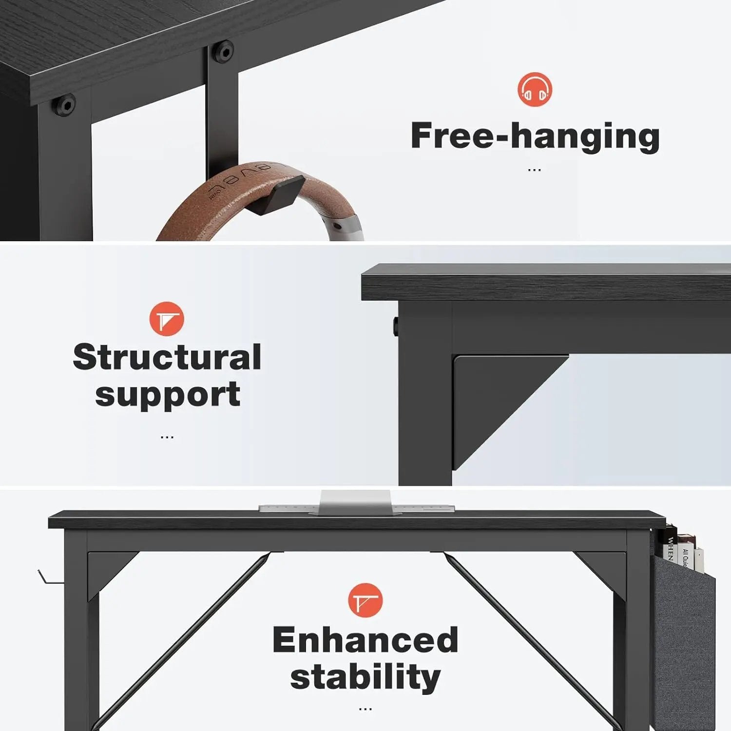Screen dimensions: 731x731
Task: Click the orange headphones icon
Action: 535,90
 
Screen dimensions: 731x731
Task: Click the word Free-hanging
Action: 535,136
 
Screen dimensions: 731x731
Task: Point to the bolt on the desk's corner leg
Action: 64,105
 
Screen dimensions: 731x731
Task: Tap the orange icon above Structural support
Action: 167,319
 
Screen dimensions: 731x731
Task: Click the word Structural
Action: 167,357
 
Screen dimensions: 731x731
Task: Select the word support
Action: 167,395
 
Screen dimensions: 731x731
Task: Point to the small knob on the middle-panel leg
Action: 395,326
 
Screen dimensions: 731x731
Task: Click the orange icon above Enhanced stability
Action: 365,600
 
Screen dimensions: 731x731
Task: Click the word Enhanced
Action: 365,639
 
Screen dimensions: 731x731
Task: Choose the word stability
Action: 365,677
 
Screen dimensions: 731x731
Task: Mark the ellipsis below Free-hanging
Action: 534,170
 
